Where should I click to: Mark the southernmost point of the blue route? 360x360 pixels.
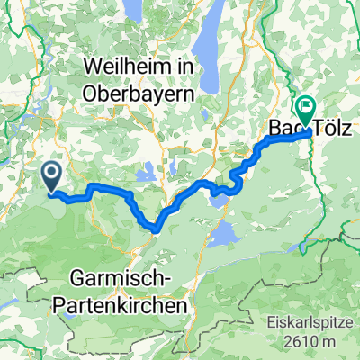(x=157, y=229)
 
